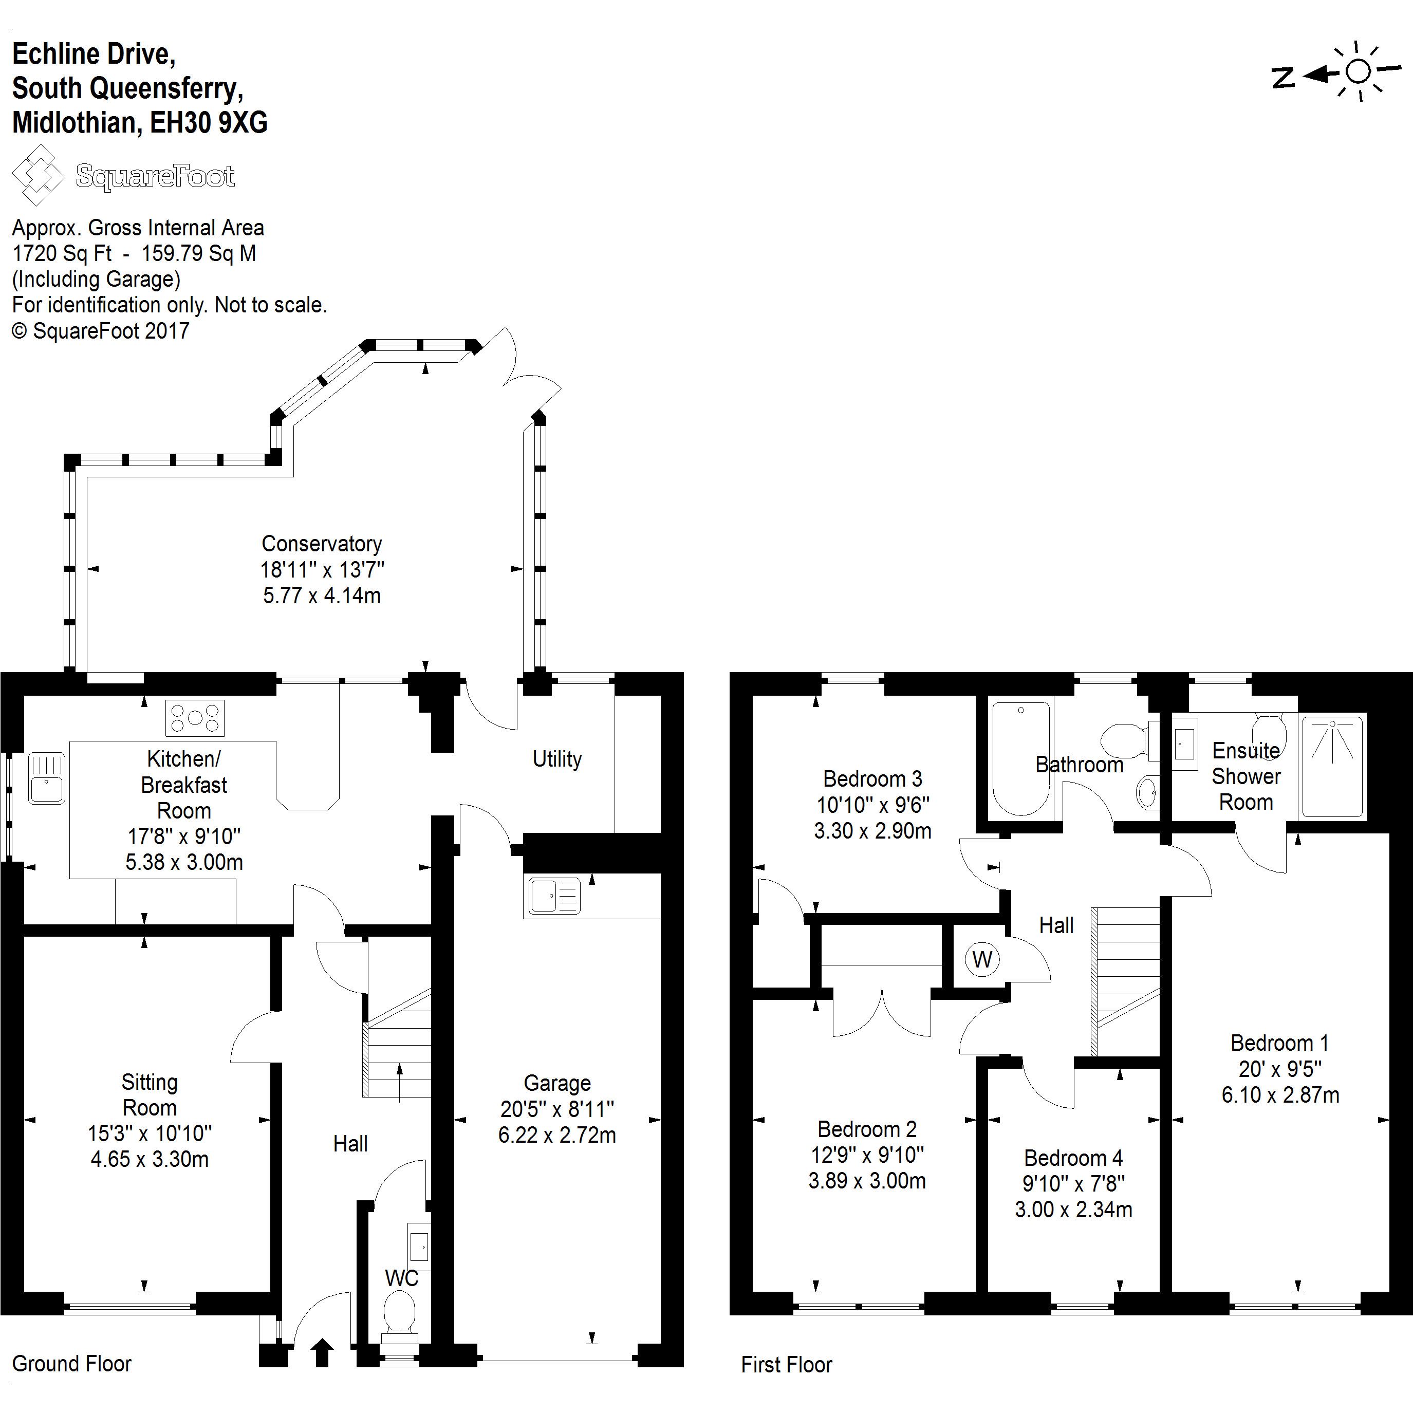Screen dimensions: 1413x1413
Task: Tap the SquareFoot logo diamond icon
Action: tap(38, 175)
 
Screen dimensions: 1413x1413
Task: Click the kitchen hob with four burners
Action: tap(195, 717)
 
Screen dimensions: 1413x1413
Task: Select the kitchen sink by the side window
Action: tap(47, 779)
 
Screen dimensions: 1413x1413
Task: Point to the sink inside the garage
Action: tap(553, 895)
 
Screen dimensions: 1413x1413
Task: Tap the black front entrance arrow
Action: tap(322, 1352)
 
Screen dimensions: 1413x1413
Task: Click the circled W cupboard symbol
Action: tap(981, 959)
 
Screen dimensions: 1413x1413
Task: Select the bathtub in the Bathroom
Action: tap(1020, 758)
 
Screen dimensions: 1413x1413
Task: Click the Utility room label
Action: tap(556, 759)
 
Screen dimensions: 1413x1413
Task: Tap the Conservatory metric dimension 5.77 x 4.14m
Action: tap(322, 596)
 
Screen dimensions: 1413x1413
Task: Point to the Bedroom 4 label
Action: tap(1073, 1158)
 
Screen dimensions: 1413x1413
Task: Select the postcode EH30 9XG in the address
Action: tap(209, 122)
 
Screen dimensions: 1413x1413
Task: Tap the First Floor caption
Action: tap(786, 1365)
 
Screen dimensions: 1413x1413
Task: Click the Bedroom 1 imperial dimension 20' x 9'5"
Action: tap(1280, 1069)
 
